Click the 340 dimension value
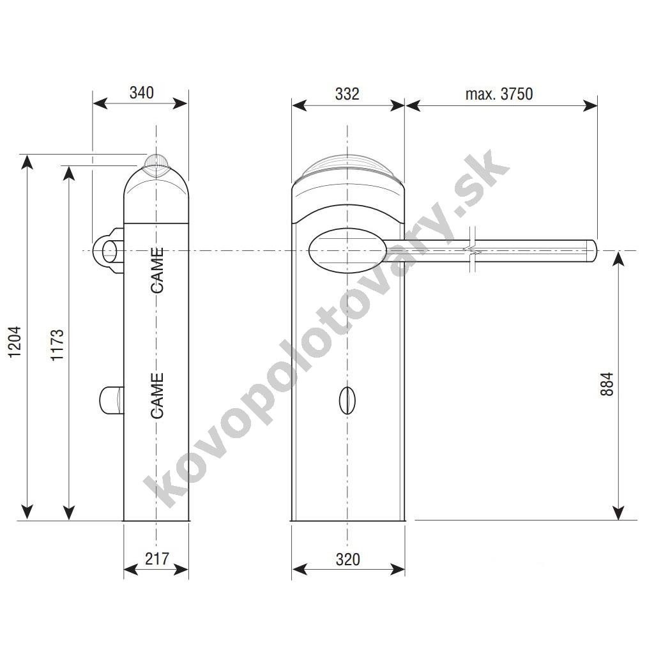pyautogui.click(x=141, y=93)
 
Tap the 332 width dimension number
pyautogui.click(x=347, y=95)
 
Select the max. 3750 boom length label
pyautogui.click(x=499, y=95)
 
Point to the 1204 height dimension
pyautogui.click(x=15, y=342)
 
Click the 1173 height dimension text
pyautogui.click(x=57, y=345)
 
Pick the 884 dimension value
pyautogui.click(x=607, y=384)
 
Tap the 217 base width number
pyautogui.click(x=157, y=558)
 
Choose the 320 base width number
pyautogui.click(x=347, y=559)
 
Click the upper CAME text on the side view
pyautogui.click(x=157, y=270)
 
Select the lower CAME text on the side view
pyautogui.click(x=157, y=396)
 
